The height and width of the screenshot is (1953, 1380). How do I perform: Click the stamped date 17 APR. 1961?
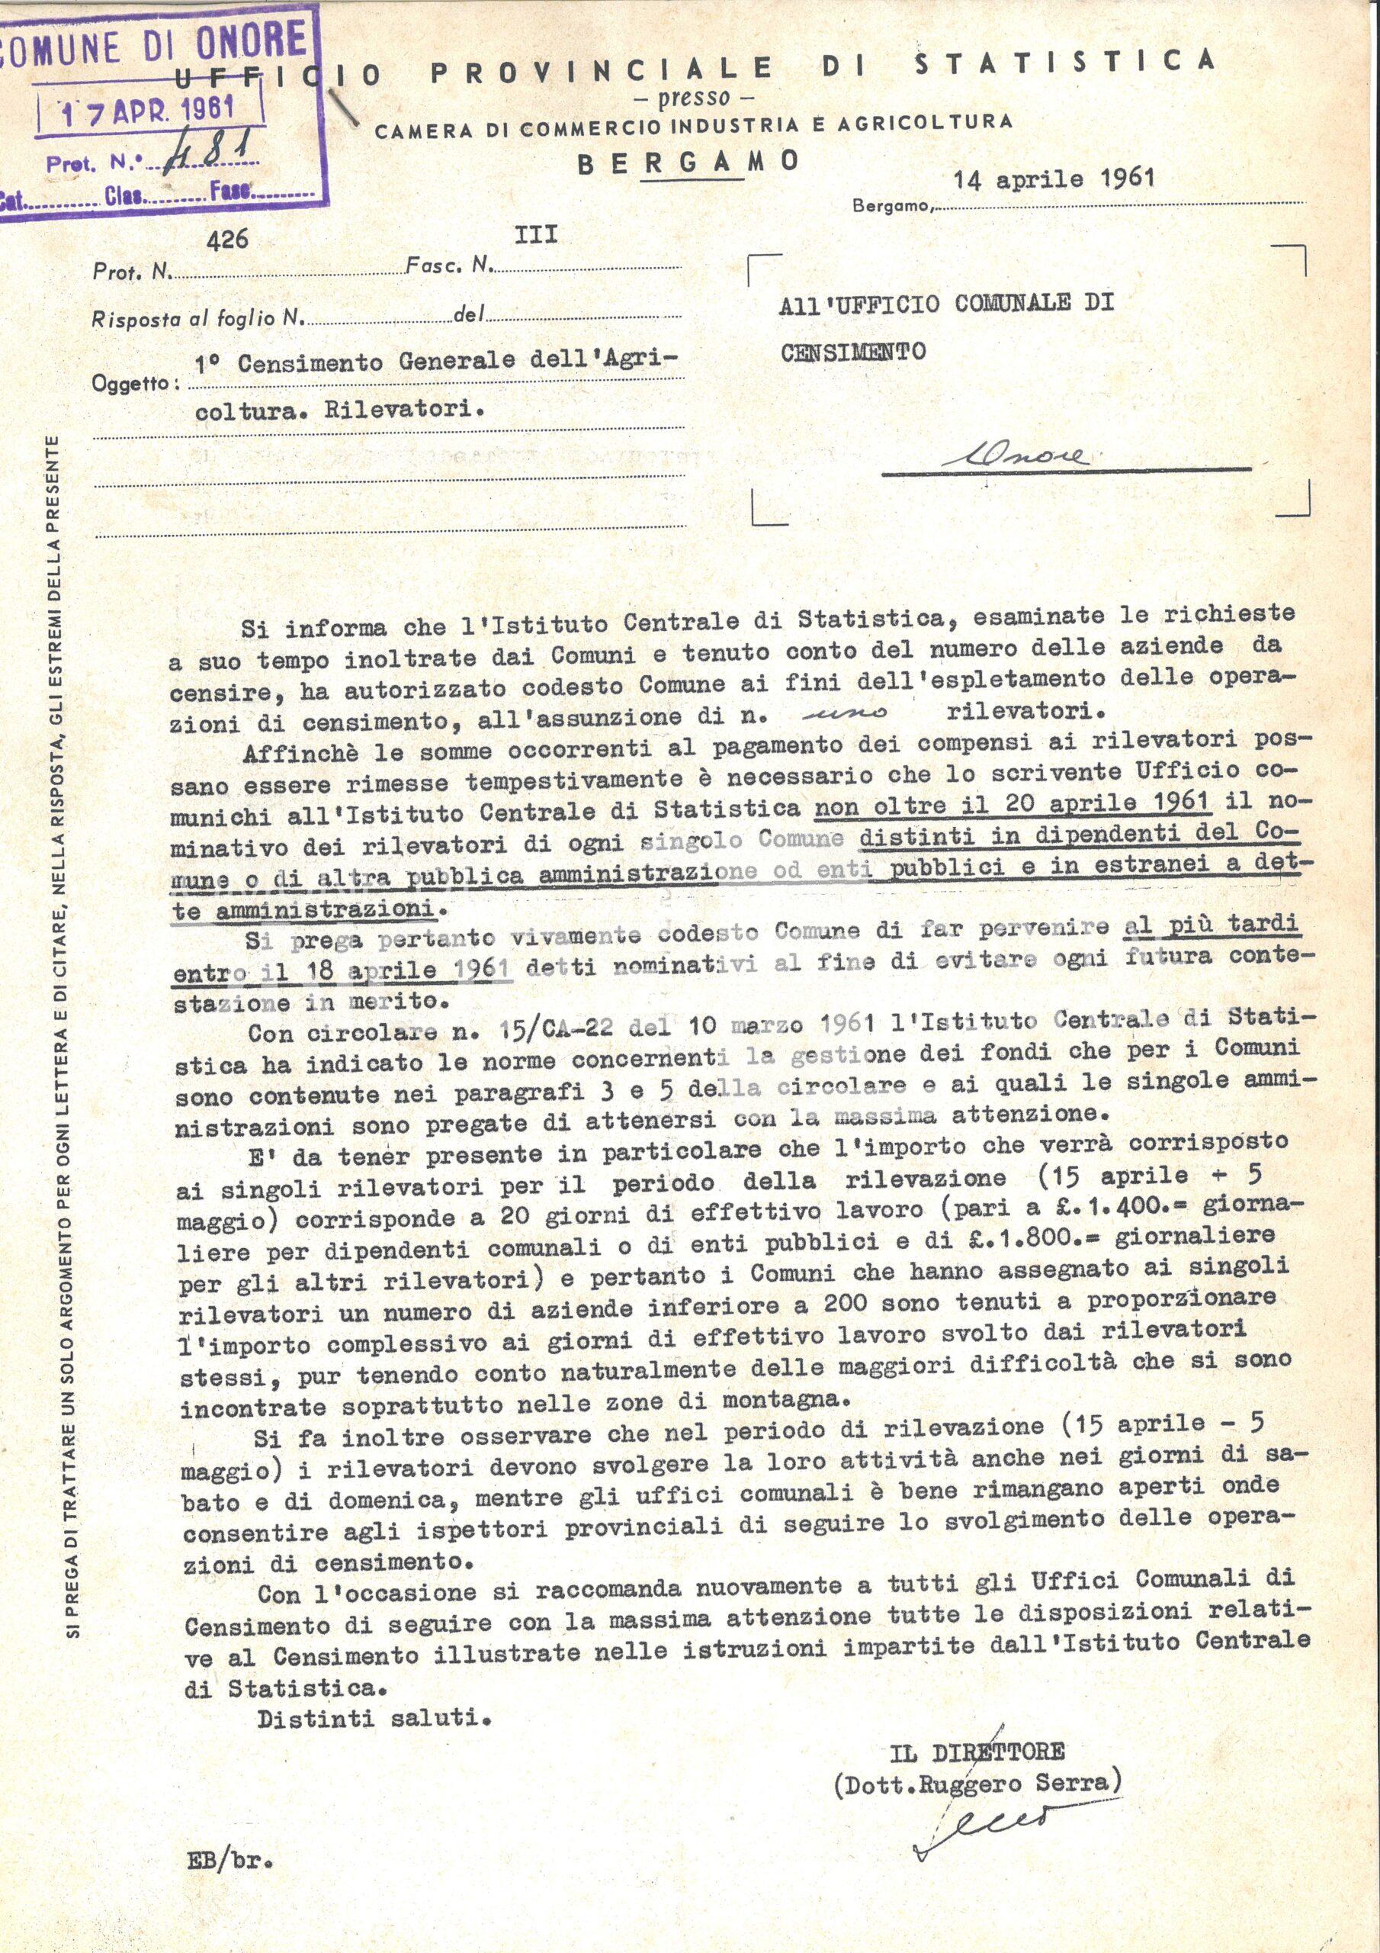(x=149, y=109)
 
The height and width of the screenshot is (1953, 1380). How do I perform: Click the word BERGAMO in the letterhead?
(x=688, y=162)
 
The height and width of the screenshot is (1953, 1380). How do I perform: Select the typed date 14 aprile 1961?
(x=1054, y=179)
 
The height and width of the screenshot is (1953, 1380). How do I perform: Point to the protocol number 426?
(x=227, y=240)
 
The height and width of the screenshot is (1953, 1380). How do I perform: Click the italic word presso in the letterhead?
(x=695, y=98)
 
